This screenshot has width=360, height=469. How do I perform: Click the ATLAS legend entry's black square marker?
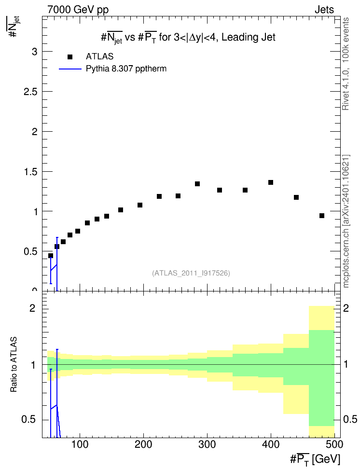coord(70,56)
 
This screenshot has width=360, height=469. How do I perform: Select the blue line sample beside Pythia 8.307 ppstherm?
coord(70,69)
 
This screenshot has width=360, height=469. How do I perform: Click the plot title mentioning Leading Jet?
coord(188,37)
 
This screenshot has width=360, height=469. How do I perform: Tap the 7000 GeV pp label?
coord(78,10)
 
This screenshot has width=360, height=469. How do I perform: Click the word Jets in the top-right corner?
coord(324,10)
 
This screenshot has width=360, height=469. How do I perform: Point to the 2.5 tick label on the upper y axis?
coord(30,92)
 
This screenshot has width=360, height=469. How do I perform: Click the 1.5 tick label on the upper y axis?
coord(30,172)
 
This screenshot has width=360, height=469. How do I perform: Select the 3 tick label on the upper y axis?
coord(35,52)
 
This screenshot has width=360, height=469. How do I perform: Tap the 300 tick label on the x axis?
coord(207,444)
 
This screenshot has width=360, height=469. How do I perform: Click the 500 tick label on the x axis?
coord(334,444)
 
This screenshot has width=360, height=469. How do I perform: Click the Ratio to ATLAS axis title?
coord(14,364)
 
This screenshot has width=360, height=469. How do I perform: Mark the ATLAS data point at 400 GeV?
coord(271,182)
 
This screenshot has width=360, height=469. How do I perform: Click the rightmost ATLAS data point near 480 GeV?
coord(322,216)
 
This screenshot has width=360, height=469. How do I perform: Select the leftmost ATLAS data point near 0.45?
coord(51,256)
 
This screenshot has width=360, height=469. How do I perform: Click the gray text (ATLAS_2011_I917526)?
coord(191,273)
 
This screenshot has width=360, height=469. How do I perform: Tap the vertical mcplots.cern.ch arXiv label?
coord(346,221)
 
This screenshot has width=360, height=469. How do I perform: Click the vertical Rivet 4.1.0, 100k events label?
coord(346,64)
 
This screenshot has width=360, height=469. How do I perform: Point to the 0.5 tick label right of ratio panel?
coord(350,419)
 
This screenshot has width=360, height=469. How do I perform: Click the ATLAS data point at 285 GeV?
coord(197,184)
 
